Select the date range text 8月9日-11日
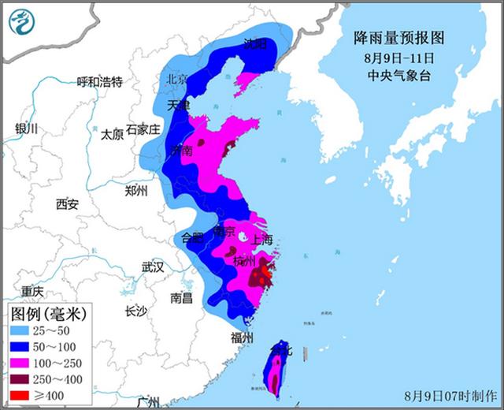click(399, 58)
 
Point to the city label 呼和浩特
click(100, 82)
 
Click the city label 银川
click(26, 130)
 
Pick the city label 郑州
click(136, 190)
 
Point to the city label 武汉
click(152, 267)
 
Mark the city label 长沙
click(135, 311)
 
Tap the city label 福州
click(242, 337)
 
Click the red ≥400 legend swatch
click(24, 393)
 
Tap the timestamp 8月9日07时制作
click(451, 394)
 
